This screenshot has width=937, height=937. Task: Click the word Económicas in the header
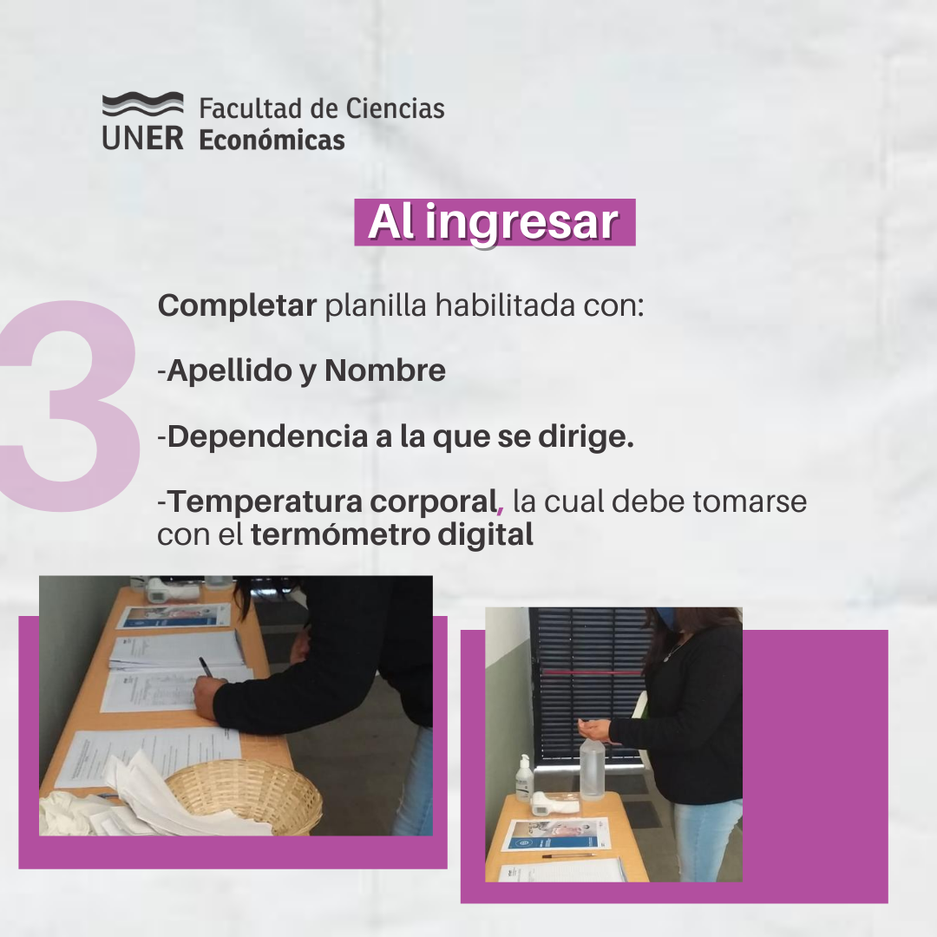(x=272, y=141)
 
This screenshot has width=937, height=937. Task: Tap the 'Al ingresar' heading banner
(x=495, y=222)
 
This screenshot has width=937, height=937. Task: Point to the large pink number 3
(x=70, y=405)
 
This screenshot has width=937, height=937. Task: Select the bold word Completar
(x=237, y=306)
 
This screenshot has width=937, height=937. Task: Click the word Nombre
(x=385, y=370)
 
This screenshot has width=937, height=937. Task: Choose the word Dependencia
(x=267, y=436)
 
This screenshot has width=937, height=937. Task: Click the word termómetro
(x=340, y=534)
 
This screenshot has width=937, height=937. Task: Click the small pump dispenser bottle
(x=524, y=777)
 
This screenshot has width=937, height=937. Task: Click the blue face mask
(x=665, y=618)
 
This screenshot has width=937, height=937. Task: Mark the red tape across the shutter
(x=591, y=672)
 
